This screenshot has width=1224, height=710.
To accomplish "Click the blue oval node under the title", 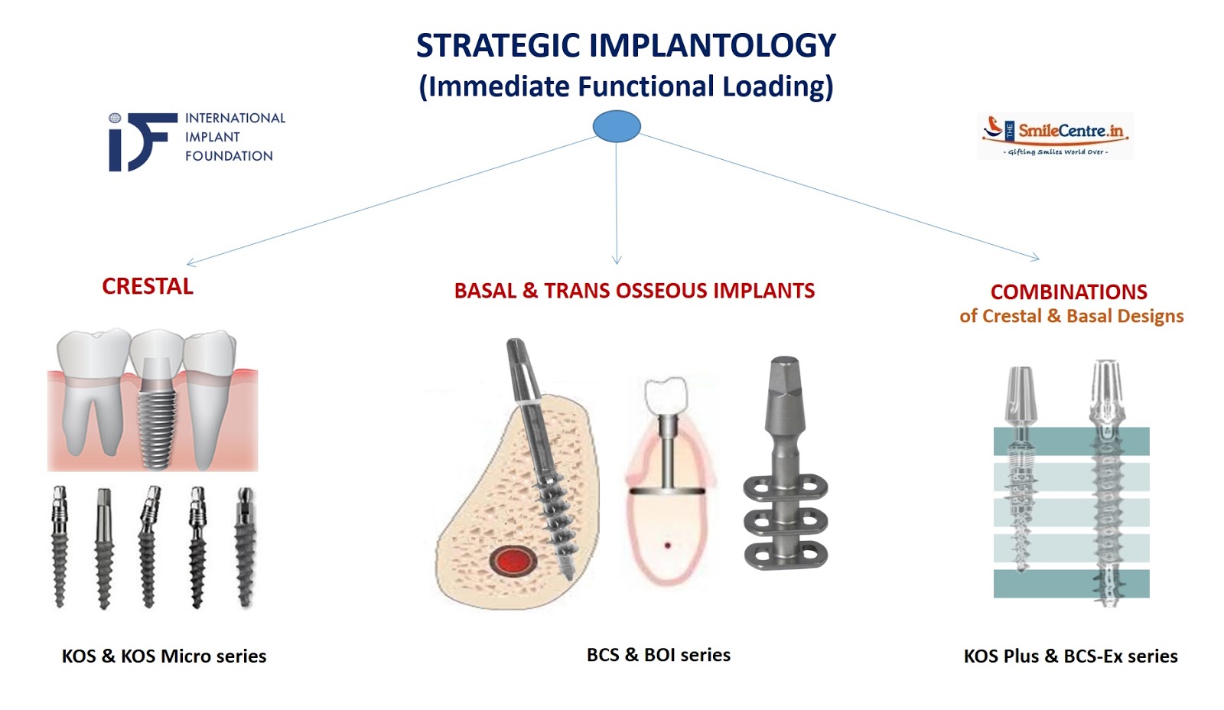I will point(617,126).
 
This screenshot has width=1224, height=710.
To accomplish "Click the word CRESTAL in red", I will point(148,287).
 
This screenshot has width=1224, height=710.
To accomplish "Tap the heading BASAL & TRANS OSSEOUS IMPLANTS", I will point(634,291).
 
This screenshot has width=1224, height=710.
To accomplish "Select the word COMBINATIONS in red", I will point(1069,292).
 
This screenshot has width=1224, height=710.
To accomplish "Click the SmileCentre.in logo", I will point(1055,136).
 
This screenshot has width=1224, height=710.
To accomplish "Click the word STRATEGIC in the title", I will point(498,46).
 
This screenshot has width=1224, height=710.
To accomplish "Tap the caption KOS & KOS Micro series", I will point(164,656).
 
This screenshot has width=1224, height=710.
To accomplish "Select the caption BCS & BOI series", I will point(658,655).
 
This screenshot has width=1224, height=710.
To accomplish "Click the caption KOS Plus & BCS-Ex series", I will point(1070,656).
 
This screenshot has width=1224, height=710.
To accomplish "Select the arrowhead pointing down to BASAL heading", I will point(617,259).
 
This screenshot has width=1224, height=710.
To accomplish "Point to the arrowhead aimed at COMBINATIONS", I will point(1035,258).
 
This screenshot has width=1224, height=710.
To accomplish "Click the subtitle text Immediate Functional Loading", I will point(626,86).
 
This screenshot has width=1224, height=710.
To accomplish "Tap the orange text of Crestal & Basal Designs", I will point(1071,317).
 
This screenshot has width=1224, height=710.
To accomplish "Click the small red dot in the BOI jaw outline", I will point(667,546).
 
